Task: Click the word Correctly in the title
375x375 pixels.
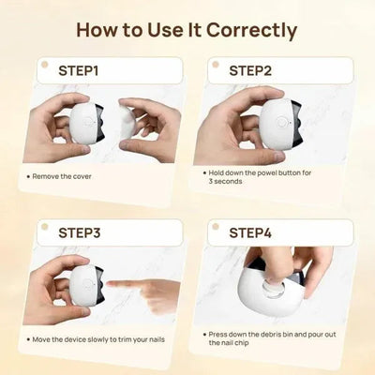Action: [247, 29]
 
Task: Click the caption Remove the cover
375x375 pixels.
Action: [66, 175]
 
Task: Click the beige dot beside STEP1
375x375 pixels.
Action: [43, 66]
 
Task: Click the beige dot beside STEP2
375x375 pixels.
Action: [215, 66]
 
